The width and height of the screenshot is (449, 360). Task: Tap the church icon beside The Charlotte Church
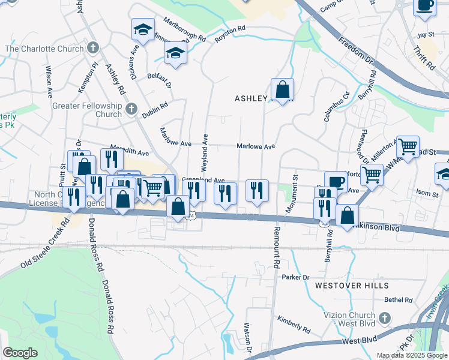[x=92, y=47]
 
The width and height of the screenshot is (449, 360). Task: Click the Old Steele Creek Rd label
[x=46, y=242]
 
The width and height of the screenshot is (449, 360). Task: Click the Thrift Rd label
[x=423, y=58]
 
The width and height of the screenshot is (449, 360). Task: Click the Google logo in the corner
[x=19, y=353]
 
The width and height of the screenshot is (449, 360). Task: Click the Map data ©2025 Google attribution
[x=412, y=355]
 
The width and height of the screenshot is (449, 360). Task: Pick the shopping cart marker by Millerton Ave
[x=408, y=146]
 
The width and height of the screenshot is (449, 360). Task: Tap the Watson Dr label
[x=247, y=338]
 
